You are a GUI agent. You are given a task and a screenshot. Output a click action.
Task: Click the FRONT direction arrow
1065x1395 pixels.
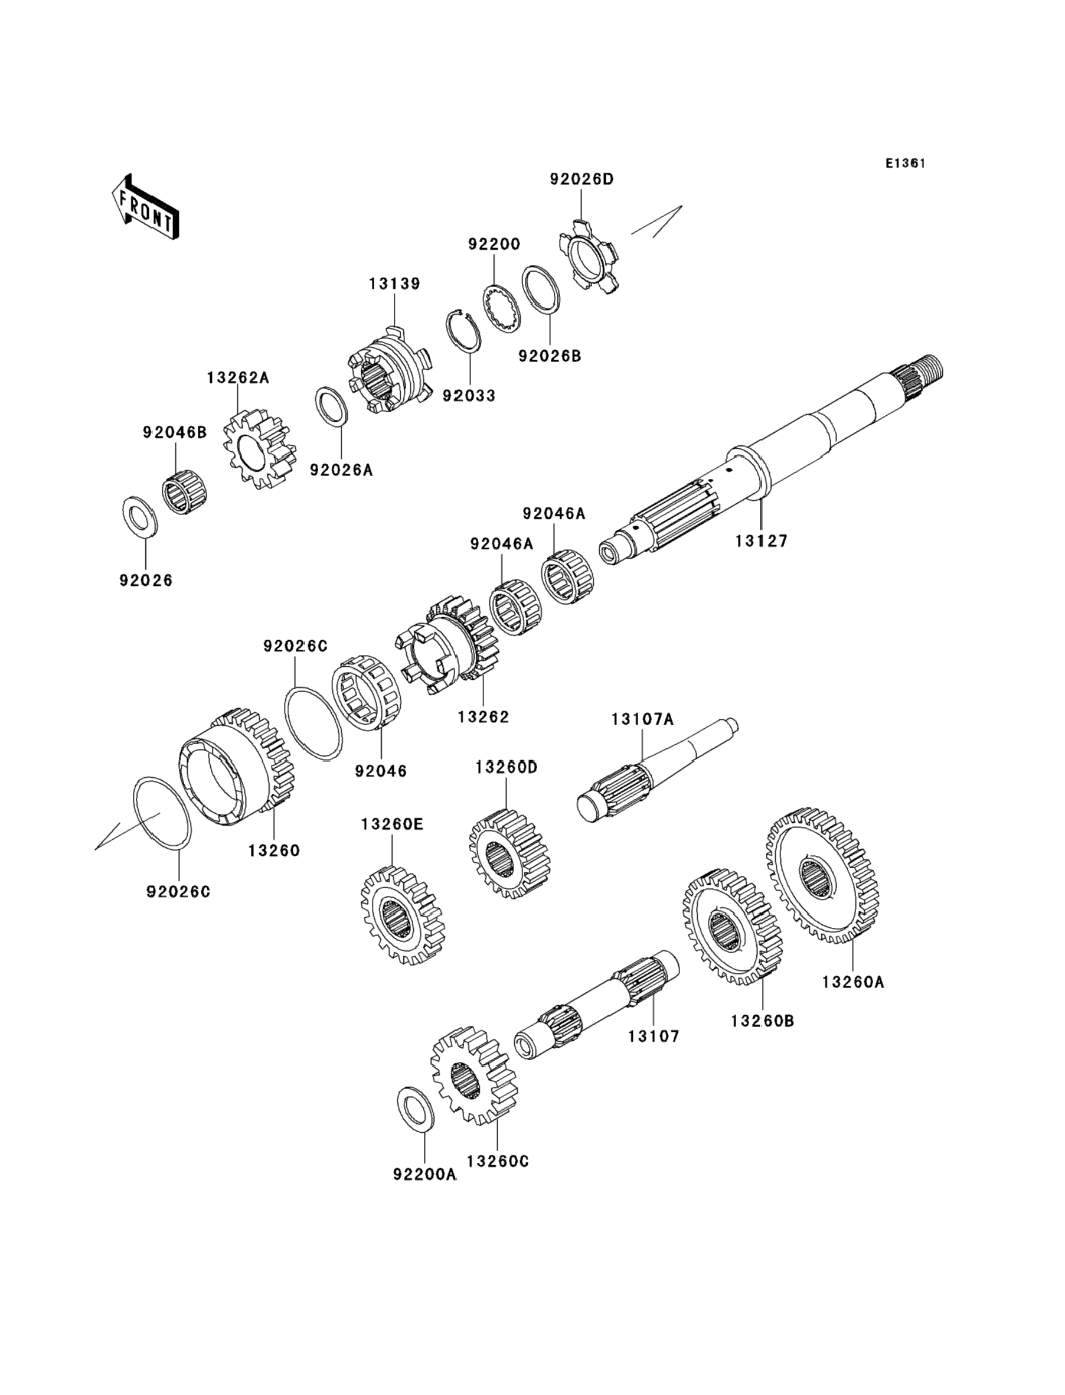click(x=145, y=206)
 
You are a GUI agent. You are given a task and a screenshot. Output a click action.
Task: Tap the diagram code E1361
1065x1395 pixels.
click(x=905, y=164)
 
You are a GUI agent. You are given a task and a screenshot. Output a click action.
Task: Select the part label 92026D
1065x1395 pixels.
click(x=581, y=180)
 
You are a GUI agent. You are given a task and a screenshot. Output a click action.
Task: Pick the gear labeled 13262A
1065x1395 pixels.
click(x=260, y=449)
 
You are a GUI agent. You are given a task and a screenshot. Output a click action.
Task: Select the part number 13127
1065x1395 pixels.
click(x=762, y=541)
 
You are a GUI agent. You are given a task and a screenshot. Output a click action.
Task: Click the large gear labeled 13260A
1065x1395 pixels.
click(x=822, y=876)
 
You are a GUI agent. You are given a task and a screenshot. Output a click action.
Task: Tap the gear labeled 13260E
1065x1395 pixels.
click(x=403, y=915)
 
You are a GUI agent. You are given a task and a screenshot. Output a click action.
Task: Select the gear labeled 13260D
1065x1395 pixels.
click(x=509, y=853)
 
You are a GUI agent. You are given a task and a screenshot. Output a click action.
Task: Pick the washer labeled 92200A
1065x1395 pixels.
click(x=415, y=1110)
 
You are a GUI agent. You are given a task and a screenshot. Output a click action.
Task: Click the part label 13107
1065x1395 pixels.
click(x=654, y=1036)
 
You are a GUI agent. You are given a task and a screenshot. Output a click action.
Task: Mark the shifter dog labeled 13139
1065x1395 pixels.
click(x=390, y=370)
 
